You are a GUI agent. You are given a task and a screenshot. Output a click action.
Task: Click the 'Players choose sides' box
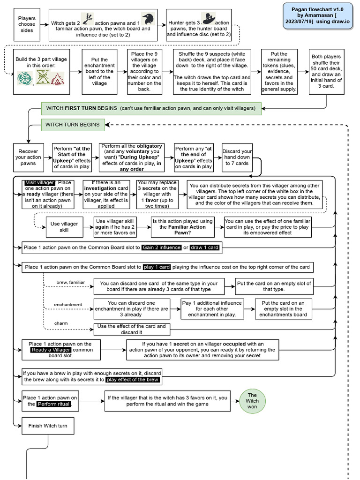(27, 24)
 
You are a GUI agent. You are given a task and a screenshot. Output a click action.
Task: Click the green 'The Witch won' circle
(252, 401)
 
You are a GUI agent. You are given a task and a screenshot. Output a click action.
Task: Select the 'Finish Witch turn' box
(48, 426)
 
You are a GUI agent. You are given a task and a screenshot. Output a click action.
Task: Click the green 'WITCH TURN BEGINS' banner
(73, 125)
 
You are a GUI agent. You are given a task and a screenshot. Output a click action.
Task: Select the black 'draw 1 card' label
(204, 247)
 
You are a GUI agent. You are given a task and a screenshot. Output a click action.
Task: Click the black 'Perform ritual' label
(54, 404)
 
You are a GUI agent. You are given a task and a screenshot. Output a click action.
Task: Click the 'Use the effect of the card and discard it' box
(131, 330)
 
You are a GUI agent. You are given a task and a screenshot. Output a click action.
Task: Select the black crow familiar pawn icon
(148, 19)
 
